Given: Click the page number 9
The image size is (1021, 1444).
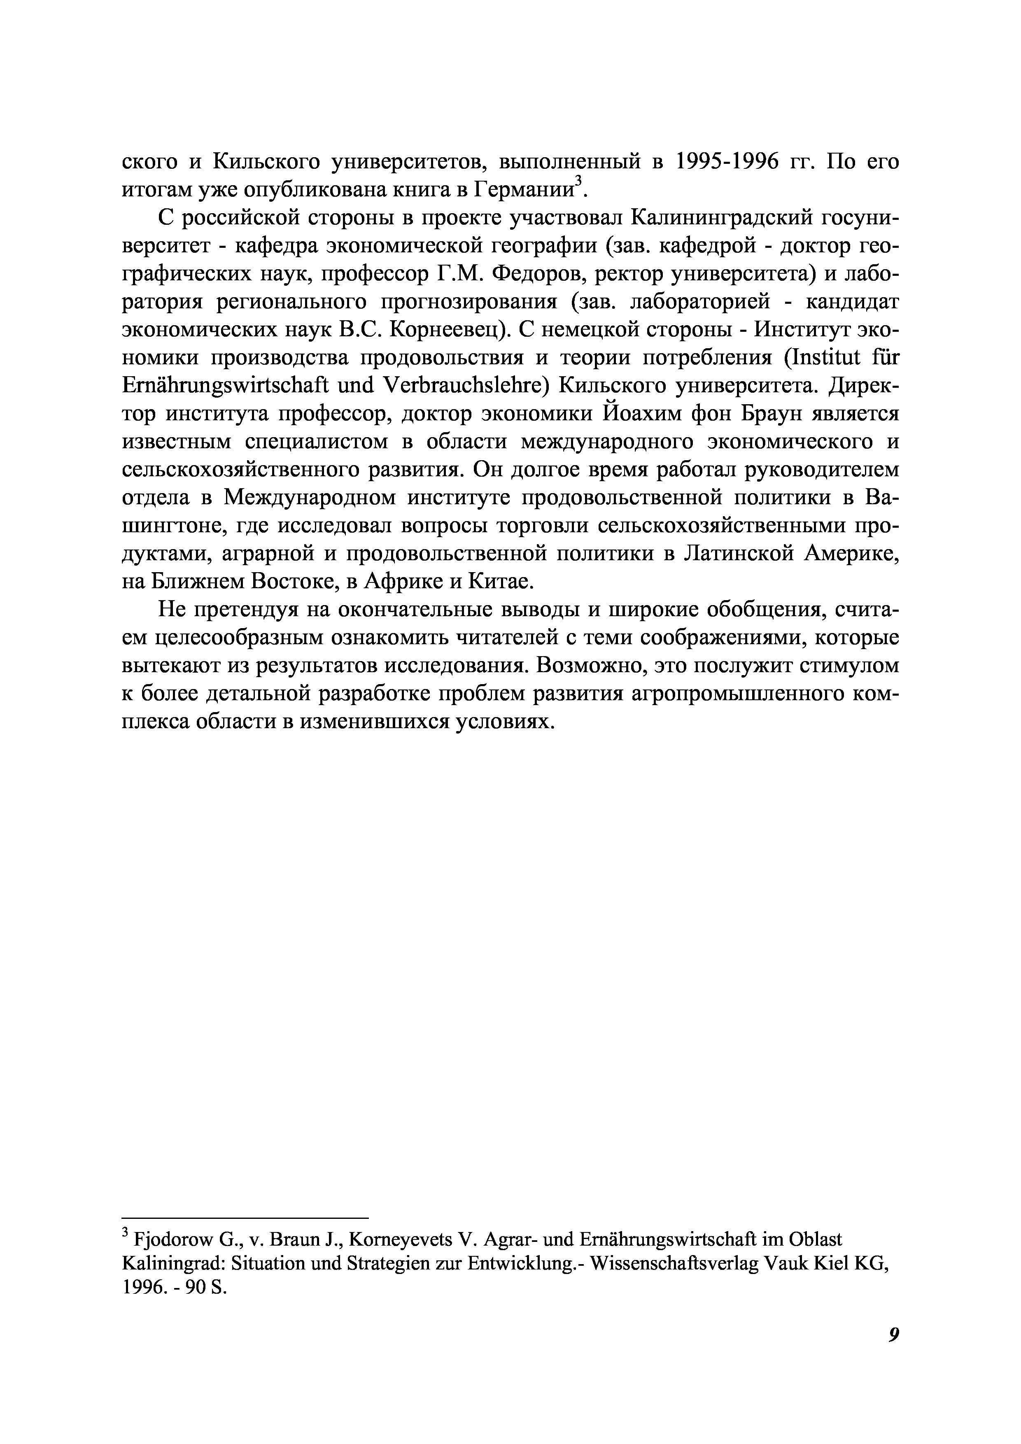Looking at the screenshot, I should [x=893, y=1349].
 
